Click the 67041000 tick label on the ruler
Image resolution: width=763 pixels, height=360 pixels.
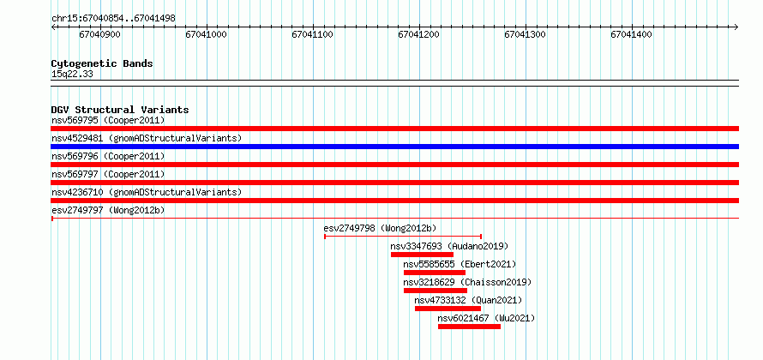[207, 34]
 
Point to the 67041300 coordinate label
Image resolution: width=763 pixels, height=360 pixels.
[525, 34]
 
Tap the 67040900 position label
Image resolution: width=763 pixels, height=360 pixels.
[99, 34]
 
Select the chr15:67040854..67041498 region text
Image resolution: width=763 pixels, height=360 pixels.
[113, 19]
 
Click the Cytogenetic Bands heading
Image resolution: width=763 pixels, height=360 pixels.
[102, 63]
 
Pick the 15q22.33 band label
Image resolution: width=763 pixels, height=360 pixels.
[72, 75]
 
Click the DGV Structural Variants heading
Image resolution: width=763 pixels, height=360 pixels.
[120, 110]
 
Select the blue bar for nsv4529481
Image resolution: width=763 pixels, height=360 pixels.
[394, 147]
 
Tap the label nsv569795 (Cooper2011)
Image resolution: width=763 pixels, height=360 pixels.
[108, 120]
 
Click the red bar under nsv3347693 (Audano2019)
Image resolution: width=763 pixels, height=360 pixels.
[422, 255]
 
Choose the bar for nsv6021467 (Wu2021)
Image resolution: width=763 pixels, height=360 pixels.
[469, 327]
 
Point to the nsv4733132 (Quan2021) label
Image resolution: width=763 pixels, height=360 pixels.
[468, 300]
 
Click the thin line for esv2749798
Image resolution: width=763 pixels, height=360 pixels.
[403, 237]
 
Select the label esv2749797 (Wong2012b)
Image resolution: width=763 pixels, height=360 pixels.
[108, 210]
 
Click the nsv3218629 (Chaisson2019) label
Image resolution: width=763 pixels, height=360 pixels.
[467, 282]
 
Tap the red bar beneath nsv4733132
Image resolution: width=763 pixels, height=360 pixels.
[448, 309]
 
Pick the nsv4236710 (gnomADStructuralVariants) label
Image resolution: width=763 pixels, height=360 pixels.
[147, 192]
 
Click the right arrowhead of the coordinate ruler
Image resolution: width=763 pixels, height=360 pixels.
[736, 27]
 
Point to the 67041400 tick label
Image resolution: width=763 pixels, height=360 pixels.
[632, 34]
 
